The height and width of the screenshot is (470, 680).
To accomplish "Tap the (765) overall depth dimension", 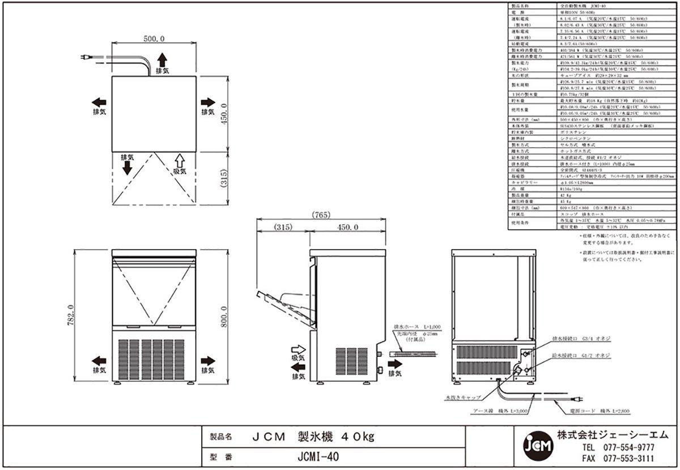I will (x=321, y=215).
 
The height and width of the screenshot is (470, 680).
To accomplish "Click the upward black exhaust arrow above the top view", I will (x=162, y=59).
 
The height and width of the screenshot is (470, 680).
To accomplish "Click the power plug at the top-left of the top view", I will (x=85, y=57).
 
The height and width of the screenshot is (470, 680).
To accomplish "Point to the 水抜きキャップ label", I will (x=463, y=398).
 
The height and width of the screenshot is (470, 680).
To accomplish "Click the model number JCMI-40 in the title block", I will (x=318, y=457).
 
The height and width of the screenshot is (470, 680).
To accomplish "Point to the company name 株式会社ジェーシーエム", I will (x=612, y=434).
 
